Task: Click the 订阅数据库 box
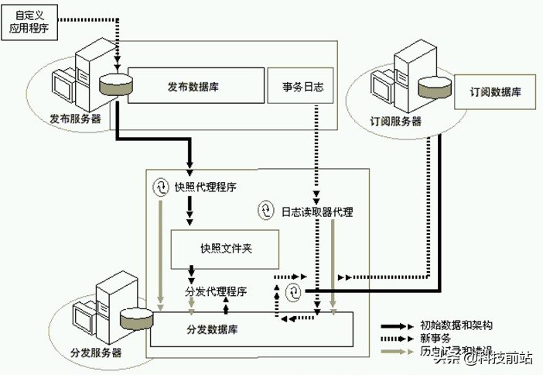[495, 91]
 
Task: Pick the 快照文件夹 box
[227, 248]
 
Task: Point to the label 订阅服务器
[395, 121]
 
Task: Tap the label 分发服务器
[96, 353]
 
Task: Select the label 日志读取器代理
[316, 211]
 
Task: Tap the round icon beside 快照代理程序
[161, 187]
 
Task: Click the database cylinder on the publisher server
[113, 85]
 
